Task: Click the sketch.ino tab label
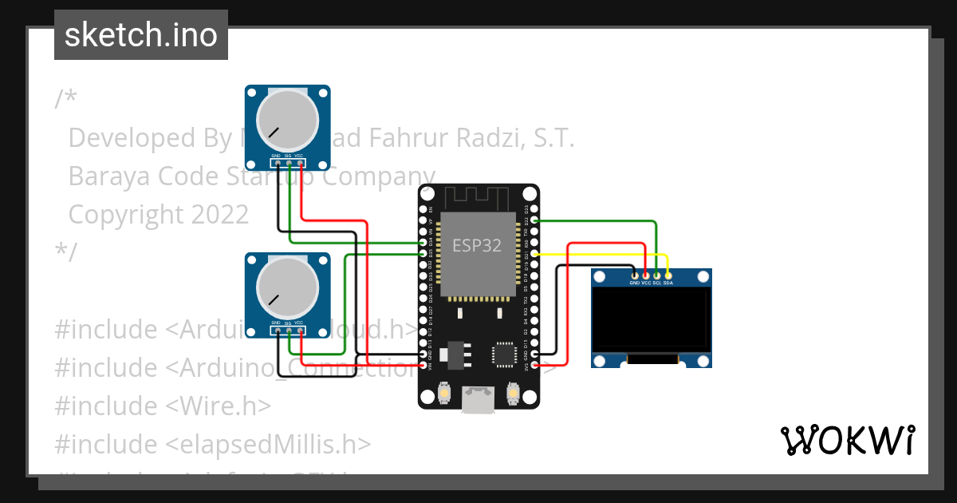pyautogui.click(x=141, y=35)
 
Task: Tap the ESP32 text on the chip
pyautogui.click(x=477, y=245)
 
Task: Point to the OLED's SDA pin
pyautogui.click(x=668, y=275)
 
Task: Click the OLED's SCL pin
pyautogui.click(x=657, y=275)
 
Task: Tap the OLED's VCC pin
pyautogui.click(x=646, y=275)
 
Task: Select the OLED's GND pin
pyautogui.click(x=635, y=275)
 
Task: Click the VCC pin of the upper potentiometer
pyautogui.click(x=301, y=164)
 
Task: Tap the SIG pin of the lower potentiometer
pyautogui.click(x=289, y=331)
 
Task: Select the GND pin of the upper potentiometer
pyautogui.click(x=276, y=164)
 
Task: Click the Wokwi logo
pyautogui.click(x=847, y=440)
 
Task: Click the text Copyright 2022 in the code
pyautogui.click(x=159, y=214)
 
